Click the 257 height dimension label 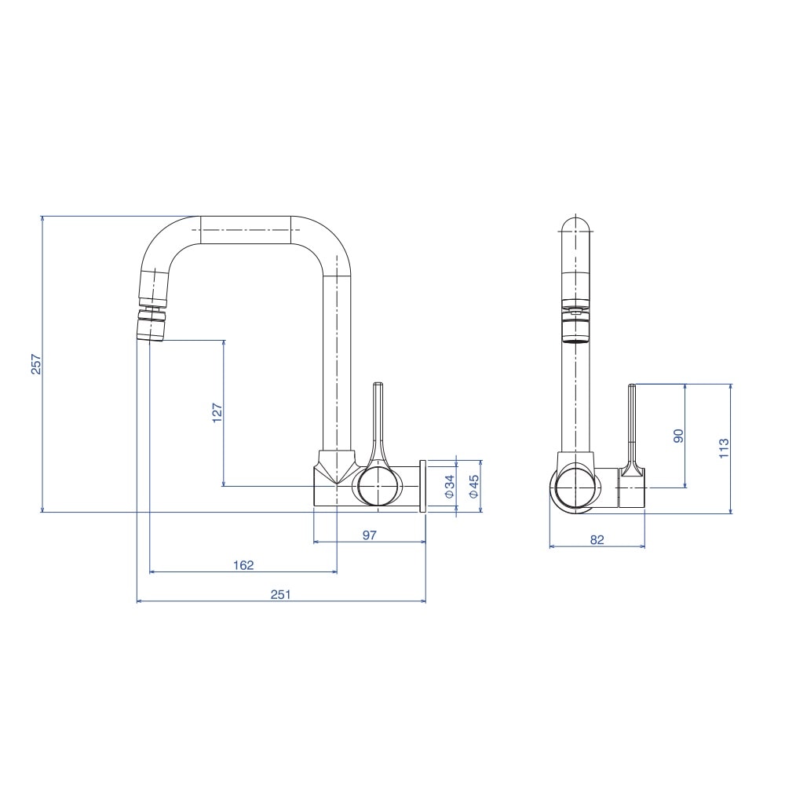click(36, 364)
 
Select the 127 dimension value click(217, 413)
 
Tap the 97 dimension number click(370, 535)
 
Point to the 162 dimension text click(244, 565)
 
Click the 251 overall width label click(281, 595)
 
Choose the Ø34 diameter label click(450, 487)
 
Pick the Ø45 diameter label click(473, 487)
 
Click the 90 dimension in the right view click(678, 436)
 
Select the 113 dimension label click(724, 448)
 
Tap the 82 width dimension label click(597, 540)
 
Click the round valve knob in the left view click(378, 486)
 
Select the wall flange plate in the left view click(422, 486)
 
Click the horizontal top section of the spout click(245, 230)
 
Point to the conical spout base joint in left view click(337, 468)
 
